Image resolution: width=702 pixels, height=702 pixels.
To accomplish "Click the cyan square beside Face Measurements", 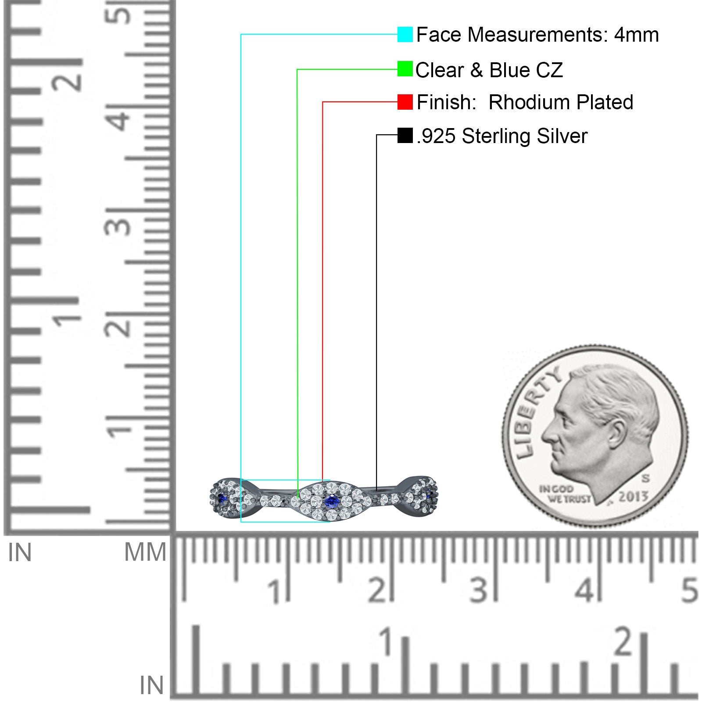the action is click(405, 35).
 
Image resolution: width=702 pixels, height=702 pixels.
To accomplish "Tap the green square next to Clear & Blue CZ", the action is click(405, 69).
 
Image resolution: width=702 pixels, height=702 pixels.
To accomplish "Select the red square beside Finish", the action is click(405, 102).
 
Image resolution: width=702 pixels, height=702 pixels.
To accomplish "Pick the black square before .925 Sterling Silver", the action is click(405, 135).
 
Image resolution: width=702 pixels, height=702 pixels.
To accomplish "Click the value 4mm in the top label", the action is click(636, 35).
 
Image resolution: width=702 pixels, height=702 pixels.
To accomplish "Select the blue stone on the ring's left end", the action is click(222, 498).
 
